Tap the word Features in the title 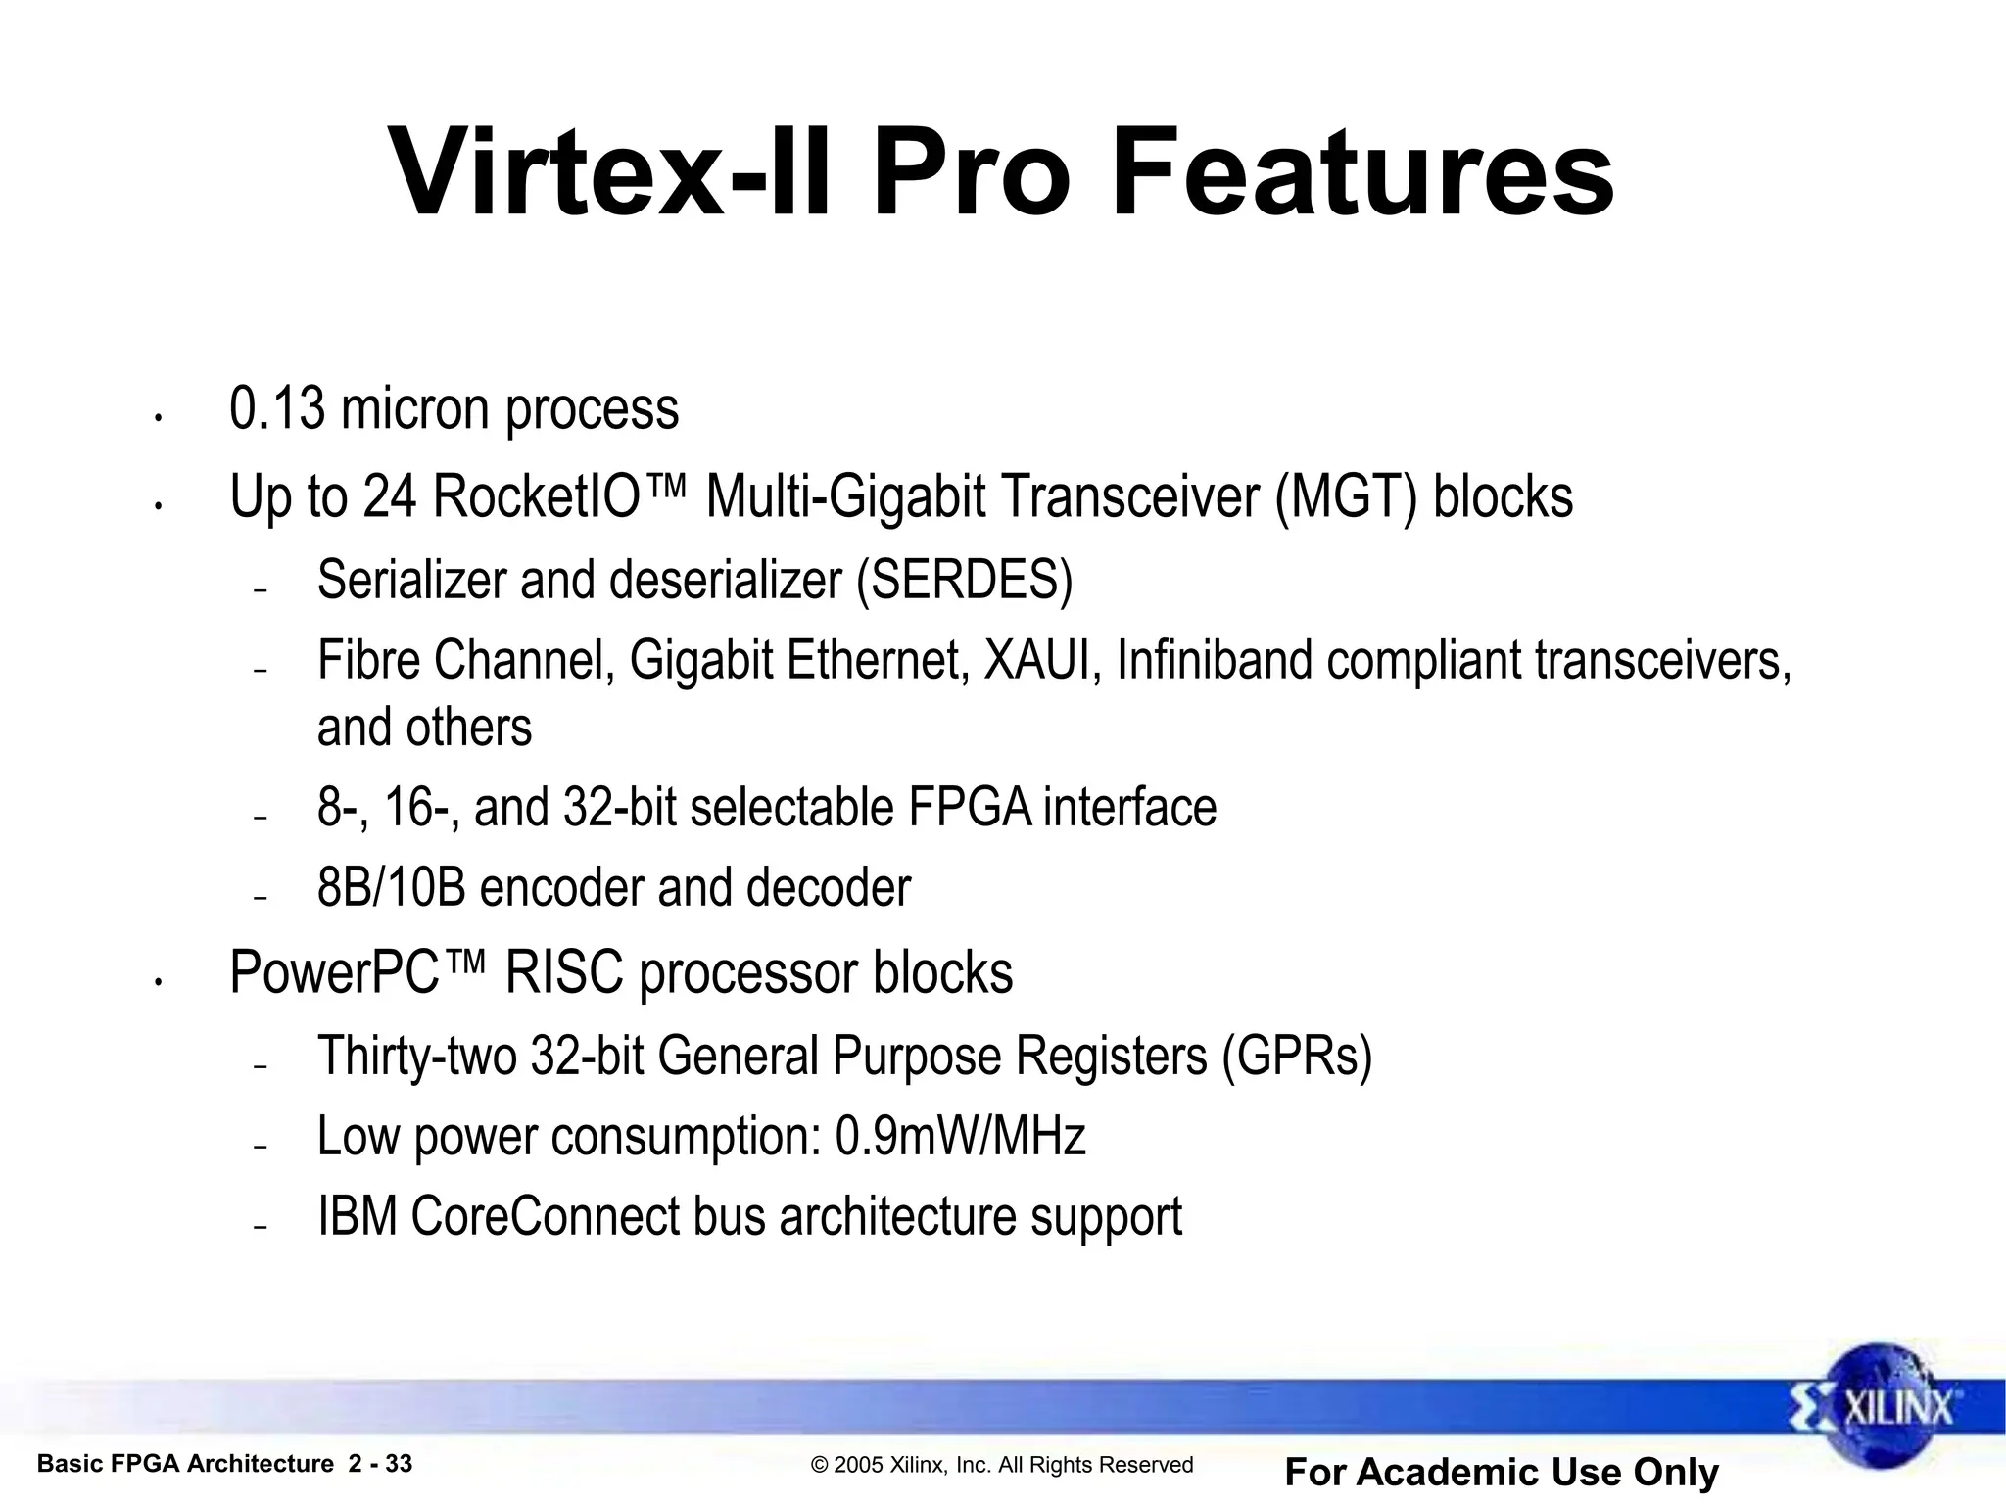click(x=1362, y=174)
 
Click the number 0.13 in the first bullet click(x=276, y=408)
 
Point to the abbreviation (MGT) click(x=1346, y=497)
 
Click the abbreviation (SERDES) click(x=965, y=580)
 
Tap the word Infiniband click(x=1214, y=660)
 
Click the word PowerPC click(x=334, y=973)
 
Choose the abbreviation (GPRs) click(x=1297, y=1057)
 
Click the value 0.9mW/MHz click(x=960, y=1137)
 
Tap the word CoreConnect click(x=545, y=1217)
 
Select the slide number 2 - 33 click(x=380, y=1464)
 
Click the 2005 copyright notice click(x=1002, y=1465)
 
